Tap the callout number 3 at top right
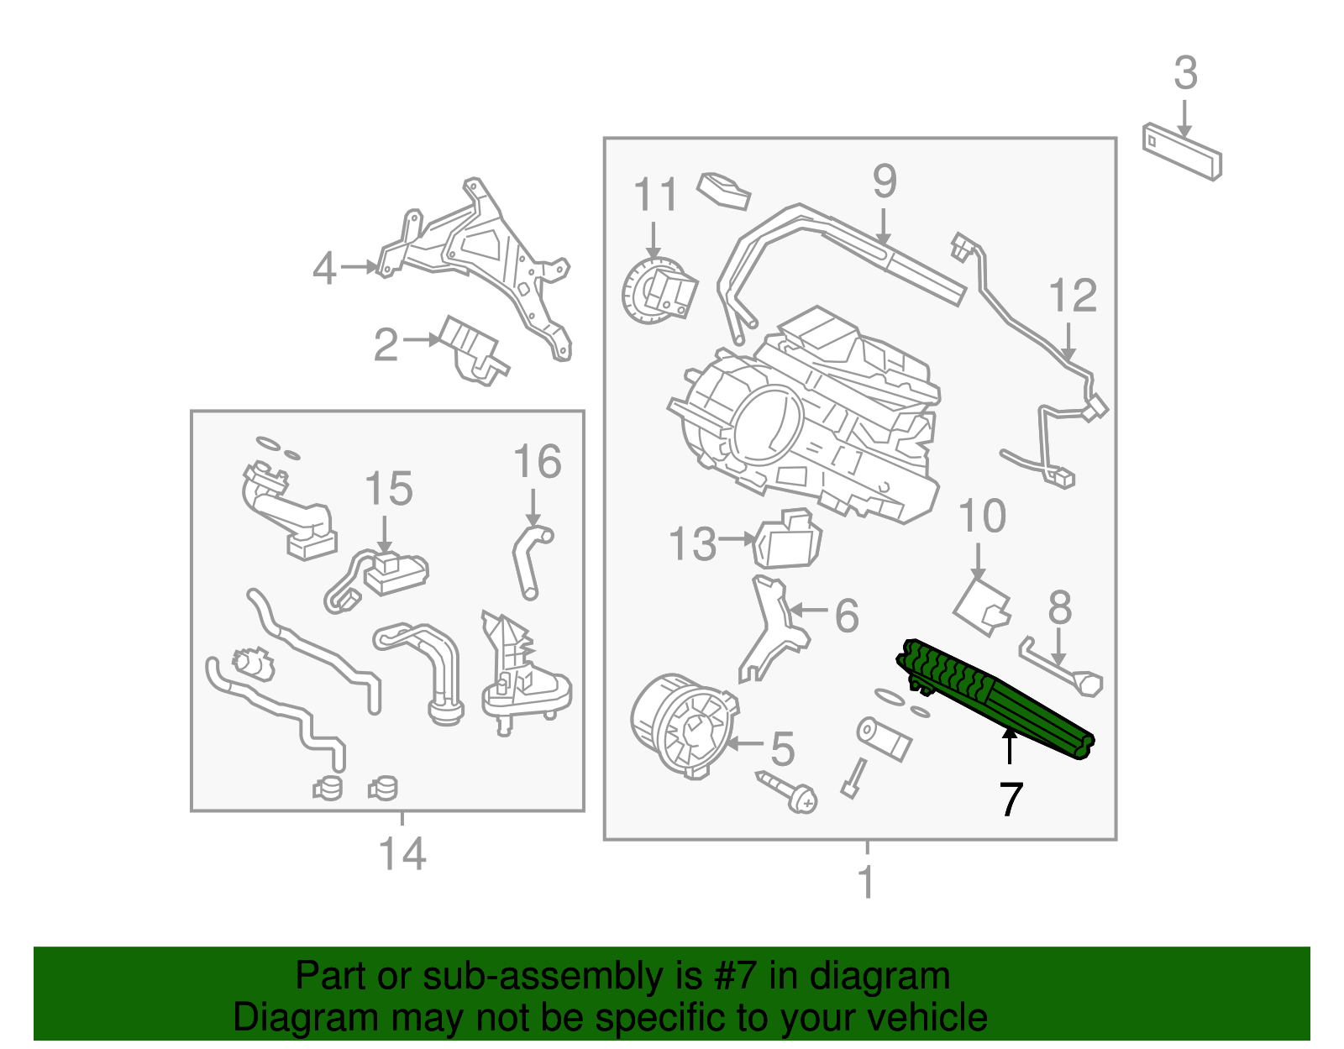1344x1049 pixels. coord(1185,74)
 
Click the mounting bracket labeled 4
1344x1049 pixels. coord(487,260)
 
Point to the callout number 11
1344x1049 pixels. coord(655,195)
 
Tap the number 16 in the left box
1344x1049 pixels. coord(538,462)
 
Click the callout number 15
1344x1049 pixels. coord(389,489)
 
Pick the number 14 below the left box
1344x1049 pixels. coord(402,854)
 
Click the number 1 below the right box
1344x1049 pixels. coord(867,882)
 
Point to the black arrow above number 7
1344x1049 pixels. coord(1010,745)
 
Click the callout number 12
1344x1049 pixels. coord(1073,296)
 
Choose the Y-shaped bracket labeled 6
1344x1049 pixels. coord(773,630)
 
